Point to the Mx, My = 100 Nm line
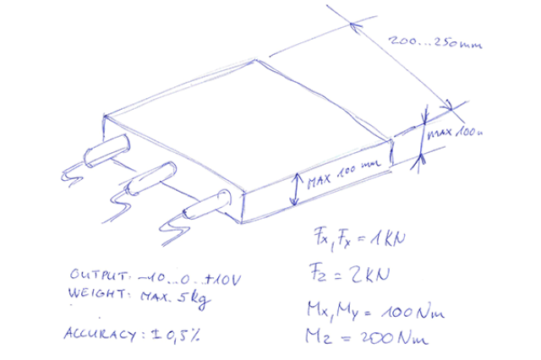pyautogui.click(x=373, y=310)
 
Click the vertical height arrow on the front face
pyautogui.click(x=292, y=188)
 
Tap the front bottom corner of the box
pyautogui.click(x=243, y=222)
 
